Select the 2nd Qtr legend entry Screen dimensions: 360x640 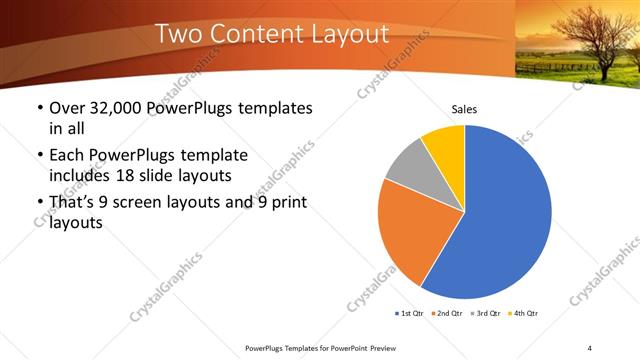447,314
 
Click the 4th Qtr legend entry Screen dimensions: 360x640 524,314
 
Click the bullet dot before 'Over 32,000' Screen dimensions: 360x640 39,108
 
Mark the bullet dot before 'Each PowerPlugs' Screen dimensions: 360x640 39,156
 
